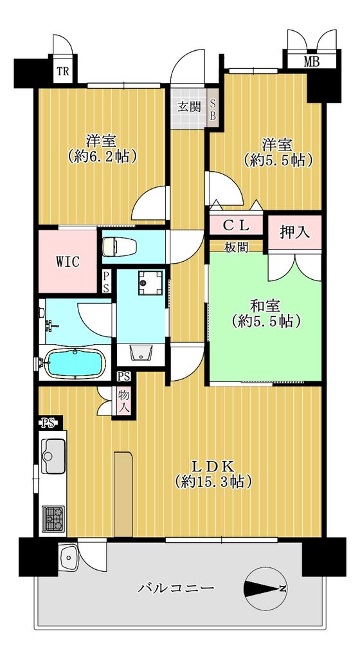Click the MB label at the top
point(311,62)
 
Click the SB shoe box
point(213,109)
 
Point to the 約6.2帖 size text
point(102,156)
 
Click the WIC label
point(67,262)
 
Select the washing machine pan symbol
point(150,282)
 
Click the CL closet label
point(236,226)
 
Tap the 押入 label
point(294,233)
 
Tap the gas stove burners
point(53,519)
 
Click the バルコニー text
point(176,588)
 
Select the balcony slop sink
point(68,557)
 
